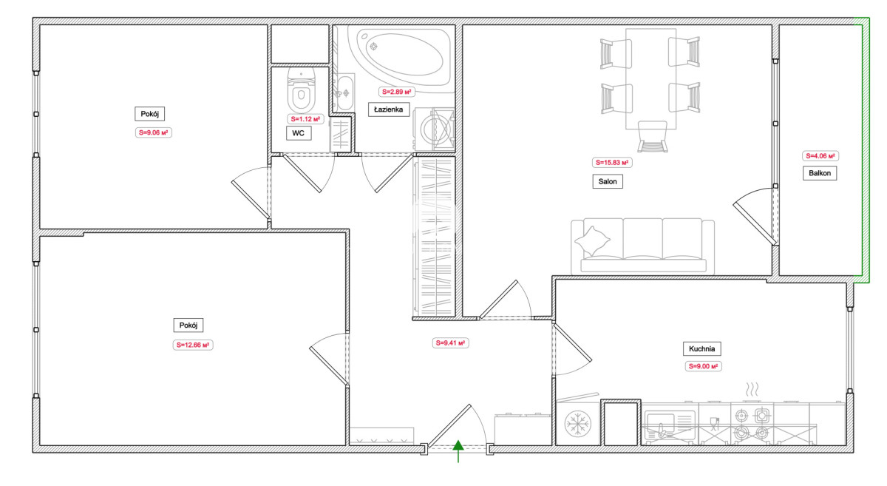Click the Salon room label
(x=608, y=181)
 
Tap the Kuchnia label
(x=701, y=349)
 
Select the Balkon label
(x=820, y=173)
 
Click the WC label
(x=299, y=133)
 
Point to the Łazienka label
(x=389, y=109)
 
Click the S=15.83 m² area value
(x=612, y=163)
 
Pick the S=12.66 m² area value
(x=193, y=345)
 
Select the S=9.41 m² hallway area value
(x=450, y=343)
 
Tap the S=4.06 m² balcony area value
(x=820, y=156)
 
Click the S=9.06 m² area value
(x=153, y=132)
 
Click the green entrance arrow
(x=458, y=451)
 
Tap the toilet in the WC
(x=302, y=90)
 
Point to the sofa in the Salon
(x=642, y=246)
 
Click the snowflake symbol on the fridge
(x=577, y=424)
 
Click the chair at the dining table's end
(x=653, y=137)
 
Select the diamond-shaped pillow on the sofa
(x=592, y=240)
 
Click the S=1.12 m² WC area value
(x=305, y=119)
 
